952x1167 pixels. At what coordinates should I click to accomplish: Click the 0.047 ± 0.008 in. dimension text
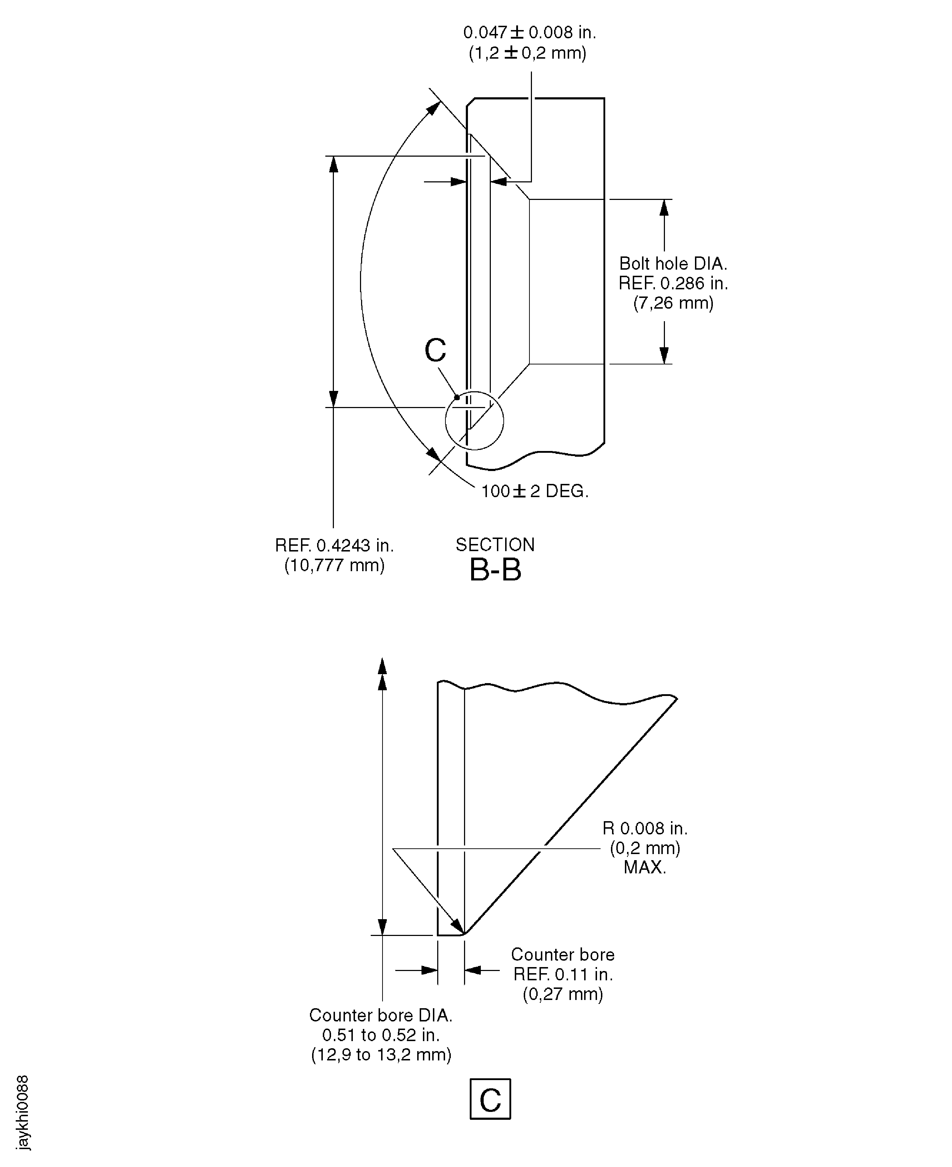coord(529,33)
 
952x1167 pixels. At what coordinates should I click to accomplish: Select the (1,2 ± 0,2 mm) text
coord(527,53)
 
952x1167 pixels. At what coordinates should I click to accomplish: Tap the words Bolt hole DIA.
coord(673,264)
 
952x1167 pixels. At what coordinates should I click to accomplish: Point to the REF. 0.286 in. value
coord(673,284)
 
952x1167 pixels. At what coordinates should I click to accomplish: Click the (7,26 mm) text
coord(673,303)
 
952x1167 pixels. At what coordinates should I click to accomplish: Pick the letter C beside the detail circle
coord(435,350)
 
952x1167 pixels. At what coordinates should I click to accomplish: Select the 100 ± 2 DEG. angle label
coord(534,491)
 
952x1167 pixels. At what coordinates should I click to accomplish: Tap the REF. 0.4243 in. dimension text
coord(335,545)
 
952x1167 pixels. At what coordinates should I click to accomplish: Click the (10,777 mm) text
coord(335,565)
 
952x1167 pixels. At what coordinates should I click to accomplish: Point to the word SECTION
coord(495,545)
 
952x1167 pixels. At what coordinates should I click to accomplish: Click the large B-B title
coord(495,570)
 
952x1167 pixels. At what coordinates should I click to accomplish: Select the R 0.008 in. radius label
coord(645,828)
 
